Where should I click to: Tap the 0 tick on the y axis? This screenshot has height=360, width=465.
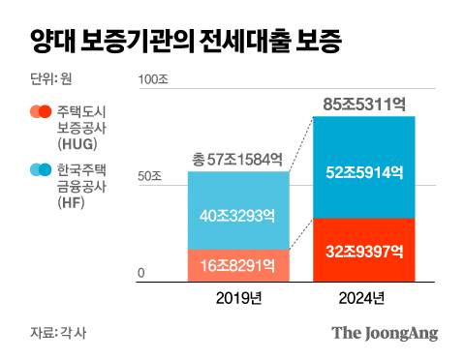140,274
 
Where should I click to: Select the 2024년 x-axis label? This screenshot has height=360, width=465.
363,297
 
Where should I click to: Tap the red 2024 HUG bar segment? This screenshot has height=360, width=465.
363,249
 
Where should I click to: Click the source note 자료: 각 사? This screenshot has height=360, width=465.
60,334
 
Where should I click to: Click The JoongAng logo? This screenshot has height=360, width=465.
385,333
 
